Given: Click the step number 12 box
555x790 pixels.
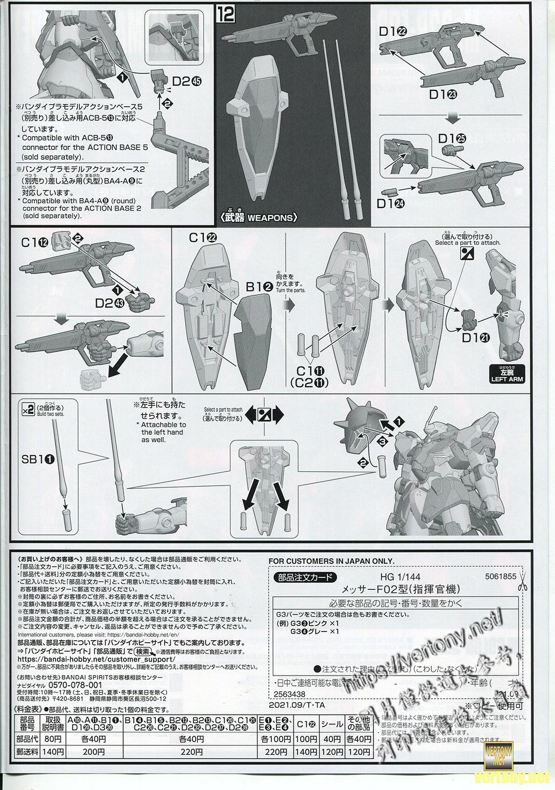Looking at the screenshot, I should pos(225,13).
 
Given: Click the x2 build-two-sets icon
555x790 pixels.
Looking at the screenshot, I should pos(28,409).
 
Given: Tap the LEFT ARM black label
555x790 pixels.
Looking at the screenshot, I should pos(506,379).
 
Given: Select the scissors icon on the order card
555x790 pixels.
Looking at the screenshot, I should pos(523,582).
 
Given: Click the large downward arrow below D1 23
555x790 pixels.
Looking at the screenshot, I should pos(451,117).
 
